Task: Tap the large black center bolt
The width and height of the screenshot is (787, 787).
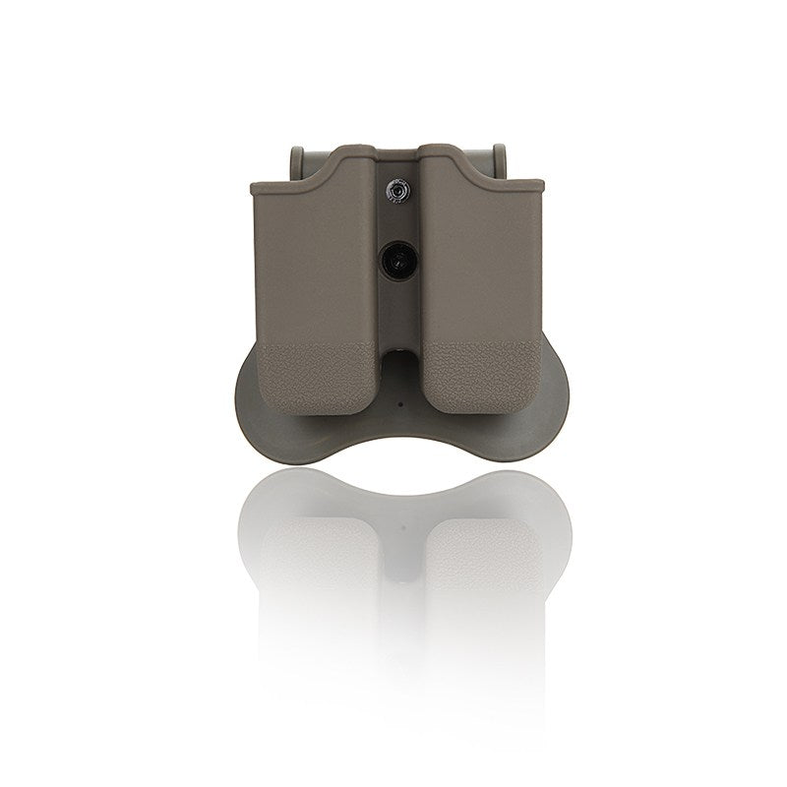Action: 395,260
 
